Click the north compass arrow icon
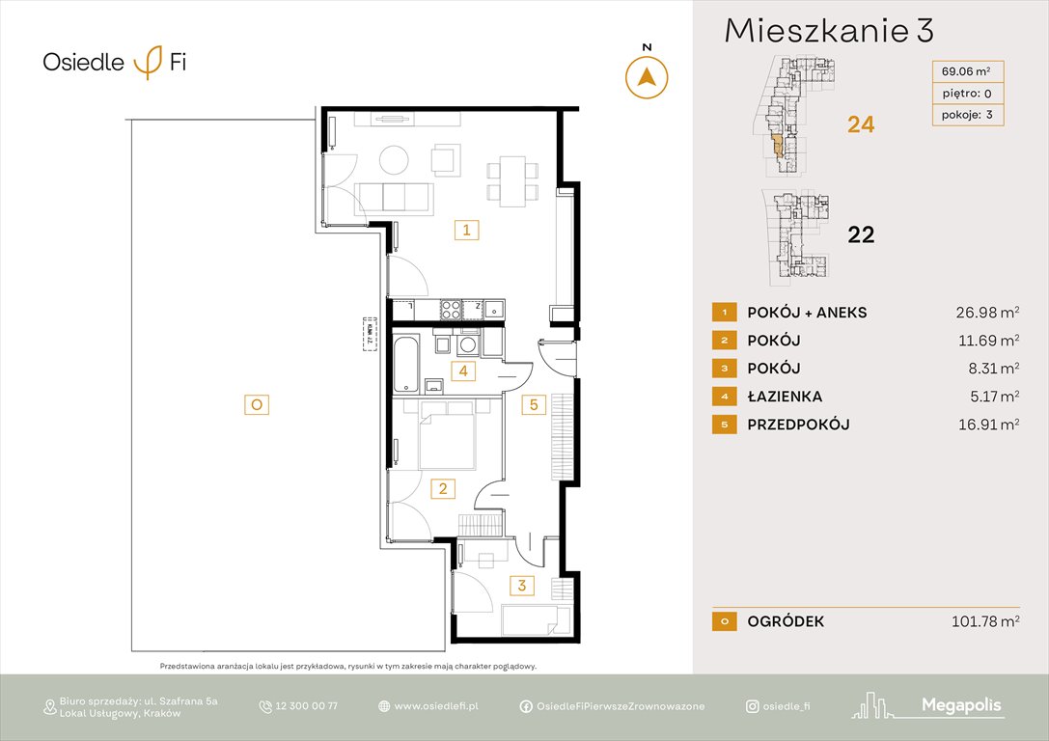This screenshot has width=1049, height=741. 647,77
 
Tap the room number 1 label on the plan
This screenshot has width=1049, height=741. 466,231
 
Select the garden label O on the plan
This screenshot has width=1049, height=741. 256,405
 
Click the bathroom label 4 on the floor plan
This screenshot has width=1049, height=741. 463,370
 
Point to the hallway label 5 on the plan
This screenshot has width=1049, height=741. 534,405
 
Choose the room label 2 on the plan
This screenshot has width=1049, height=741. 443,489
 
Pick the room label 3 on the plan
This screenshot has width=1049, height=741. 521,585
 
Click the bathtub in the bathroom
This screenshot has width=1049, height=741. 406,365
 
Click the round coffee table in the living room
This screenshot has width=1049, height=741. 394,158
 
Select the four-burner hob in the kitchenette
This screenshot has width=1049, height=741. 451,310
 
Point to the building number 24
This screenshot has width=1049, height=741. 860,124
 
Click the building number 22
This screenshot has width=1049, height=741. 860,234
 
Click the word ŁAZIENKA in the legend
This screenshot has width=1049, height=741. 785,397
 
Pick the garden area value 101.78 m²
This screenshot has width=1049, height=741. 982,622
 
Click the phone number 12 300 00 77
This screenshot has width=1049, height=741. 306,706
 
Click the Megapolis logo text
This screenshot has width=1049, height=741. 961,706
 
